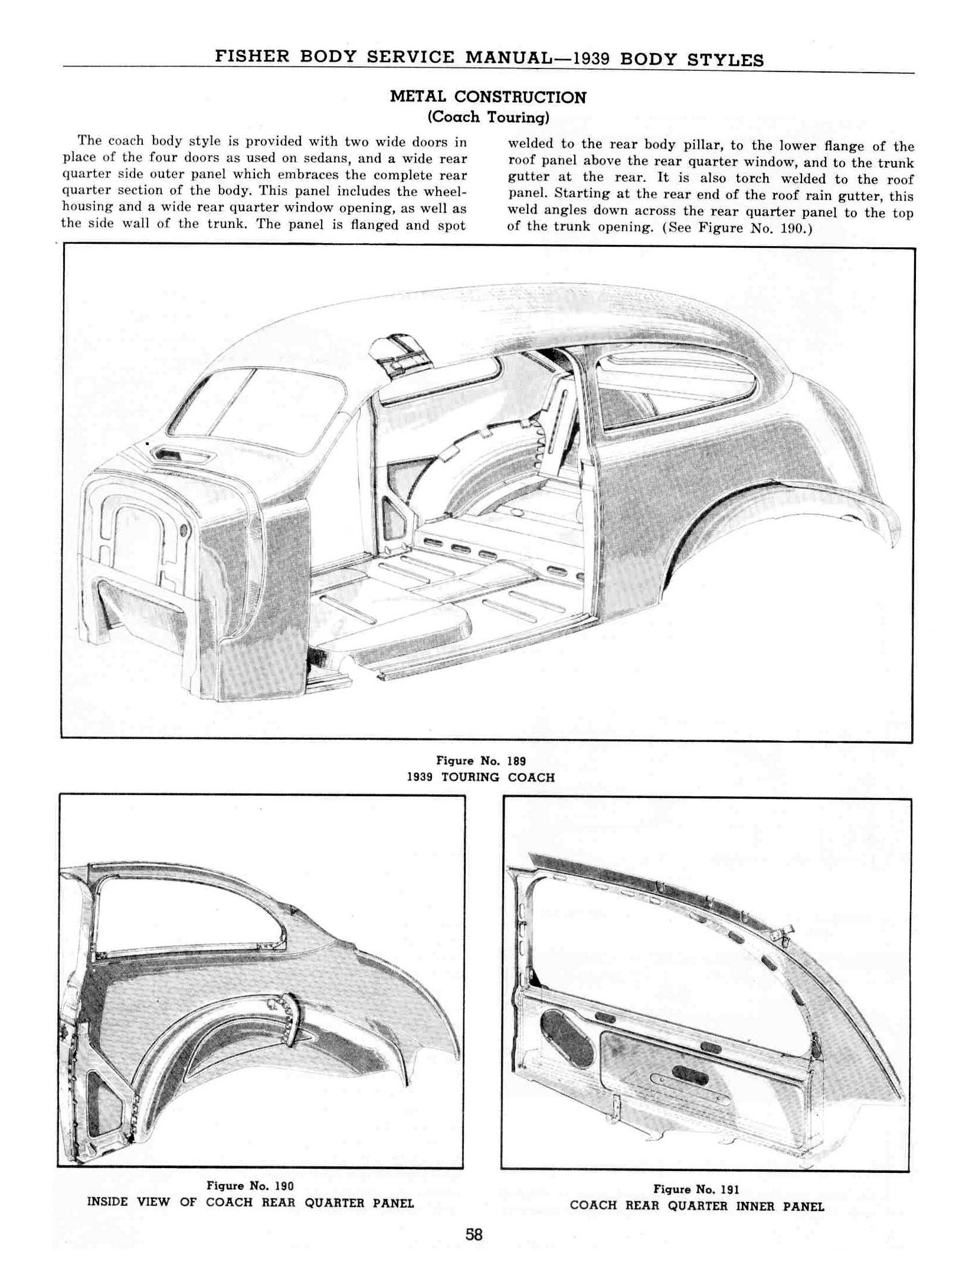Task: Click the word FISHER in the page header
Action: pos(252,57)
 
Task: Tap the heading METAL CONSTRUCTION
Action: pos(488,97)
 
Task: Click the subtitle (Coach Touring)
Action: pos(488,117)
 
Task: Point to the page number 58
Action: pos(474,1235)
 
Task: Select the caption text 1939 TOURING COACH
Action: pos(481,777)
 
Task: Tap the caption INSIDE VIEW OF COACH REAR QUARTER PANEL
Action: pos(250,1202)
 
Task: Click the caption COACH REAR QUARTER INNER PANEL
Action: pos(696,1206)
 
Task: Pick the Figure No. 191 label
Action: pos(696,1189)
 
